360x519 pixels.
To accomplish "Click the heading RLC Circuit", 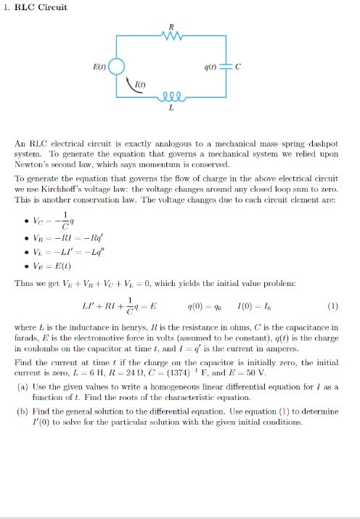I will pyautogui.click(x=41, y=7).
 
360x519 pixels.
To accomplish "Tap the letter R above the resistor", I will pyautogui.click(x=171, y=28).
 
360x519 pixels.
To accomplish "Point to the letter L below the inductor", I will pyautogui.click(x=171, y=109).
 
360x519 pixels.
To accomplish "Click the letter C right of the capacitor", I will pyautogui.click(x=237, y=68).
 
